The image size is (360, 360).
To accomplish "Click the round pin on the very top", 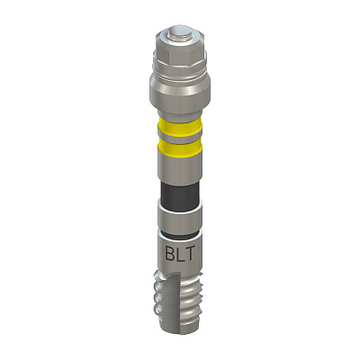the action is click(x=180, y=33).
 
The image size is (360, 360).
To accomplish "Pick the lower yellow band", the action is click(x=180, y=148).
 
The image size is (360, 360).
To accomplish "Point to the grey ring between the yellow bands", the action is click(x=180, y=139).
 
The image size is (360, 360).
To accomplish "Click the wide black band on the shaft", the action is click(x=180, y=196).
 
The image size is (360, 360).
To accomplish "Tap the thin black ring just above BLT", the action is click(x=180, y=235).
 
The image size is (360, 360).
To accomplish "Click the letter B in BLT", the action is click(x=170, y=254).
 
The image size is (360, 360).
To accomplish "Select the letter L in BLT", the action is click(x=181, y=254).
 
